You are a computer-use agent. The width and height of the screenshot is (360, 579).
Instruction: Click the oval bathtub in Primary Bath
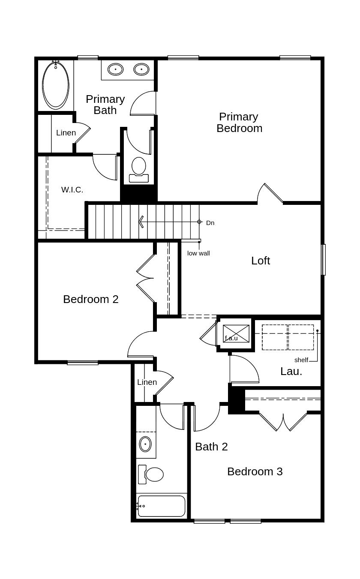(56, 85)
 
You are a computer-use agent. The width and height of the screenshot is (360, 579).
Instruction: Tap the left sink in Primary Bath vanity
(115, 69)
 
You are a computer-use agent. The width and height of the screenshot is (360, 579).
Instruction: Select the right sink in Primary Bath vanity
(141, 69)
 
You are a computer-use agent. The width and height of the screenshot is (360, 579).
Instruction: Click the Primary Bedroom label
(239, 123)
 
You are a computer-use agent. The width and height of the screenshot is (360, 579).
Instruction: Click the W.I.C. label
(72, 190)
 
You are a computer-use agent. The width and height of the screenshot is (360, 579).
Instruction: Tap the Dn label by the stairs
(210, 223)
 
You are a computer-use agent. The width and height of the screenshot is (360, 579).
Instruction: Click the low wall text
(198, 253)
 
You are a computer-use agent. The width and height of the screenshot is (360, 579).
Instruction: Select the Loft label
(260, 261)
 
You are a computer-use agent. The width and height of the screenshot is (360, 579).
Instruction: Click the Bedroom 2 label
(90, 299)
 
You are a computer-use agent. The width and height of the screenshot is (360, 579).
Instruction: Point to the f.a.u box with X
(236, 333)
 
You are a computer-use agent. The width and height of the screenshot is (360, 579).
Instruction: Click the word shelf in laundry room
(301, 360)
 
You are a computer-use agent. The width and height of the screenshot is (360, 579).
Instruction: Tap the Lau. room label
(291, 372)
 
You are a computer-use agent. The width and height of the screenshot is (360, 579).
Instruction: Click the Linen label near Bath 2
(147, 382)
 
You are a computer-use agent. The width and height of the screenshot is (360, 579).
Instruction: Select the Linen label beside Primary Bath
(66, 133)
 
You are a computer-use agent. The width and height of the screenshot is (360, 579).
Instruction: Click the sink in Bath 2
(145, 444)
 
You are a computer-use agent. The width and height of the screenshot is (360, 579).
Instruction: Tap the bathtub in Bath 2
(162, 506)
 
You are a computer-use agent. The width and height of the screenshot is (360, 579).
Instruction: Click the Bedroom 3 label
(255, 471)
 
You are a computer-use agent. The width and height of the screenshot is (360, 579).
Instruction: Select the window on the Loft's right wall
(324, 260)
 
